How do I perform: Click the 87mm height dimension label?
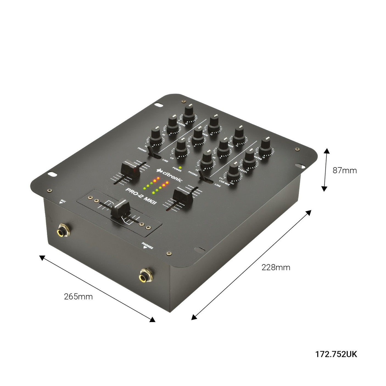pyautogui.click(x=345, y=170)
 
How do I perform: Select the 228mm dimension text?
pyautogui.click(x=276, y=267)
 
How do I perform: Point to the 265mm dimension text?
pyautogui.click(x=78, y=297)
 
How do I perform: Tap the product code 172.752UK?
pyautogui.click(x=336, y=354)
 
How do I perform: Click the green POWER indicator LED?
pyautogui.click(x=180, y=167)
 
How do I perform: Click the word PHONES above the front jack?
pyautogui.click(x=147, y=245)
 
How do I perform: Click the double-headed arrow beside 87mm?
pyautogui.click(x=325, y=169)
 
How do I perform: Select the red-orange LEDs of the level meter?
pyautogui.click(x=161, y=182)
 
